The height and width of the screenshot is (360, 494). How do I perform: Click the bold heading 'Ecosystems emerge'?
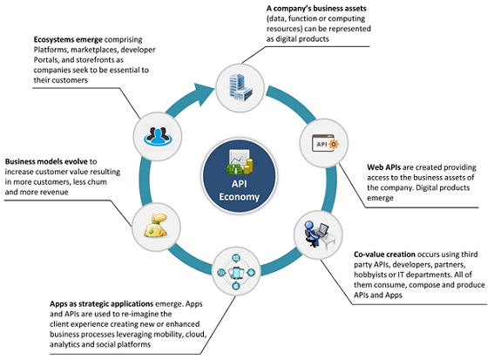coord(69,40)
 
